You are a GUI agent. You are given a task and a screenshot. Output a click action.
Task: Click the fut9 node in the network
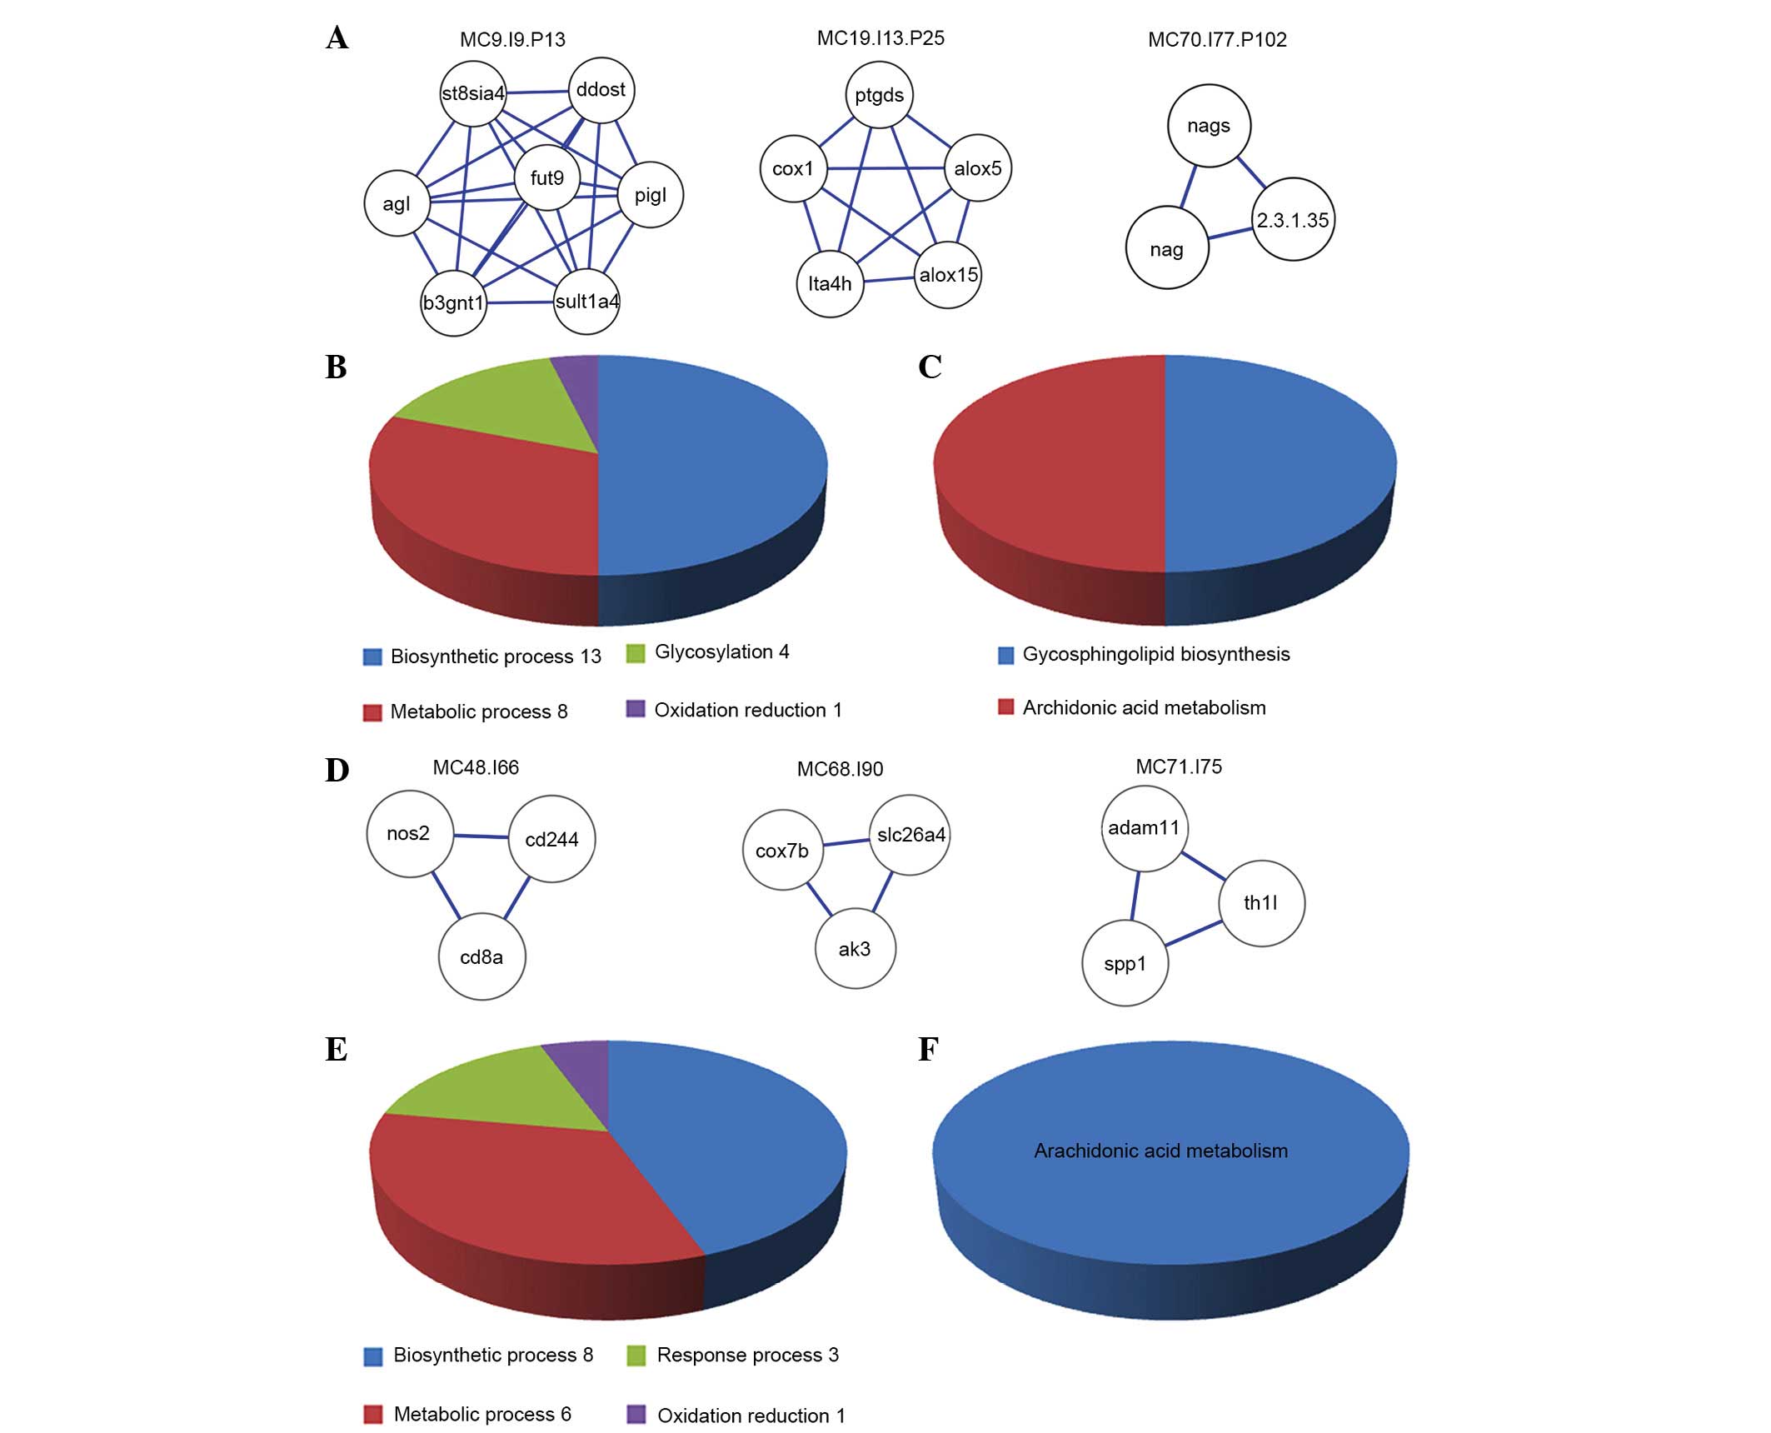point(546,177)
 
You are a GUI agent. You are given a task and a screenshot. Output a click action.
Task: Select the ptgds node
point(879,95)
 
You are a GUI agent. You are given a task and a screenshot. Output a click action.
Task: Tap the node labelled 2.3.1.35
point(1293,220)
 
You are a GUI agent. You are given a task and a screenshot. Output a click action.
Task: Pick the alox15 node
point(948,275)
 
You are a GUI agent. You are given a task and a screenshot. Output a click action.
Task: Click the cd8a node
point(481,957)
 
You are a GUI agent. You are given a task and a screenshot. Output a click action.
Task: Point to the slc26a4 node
point(910,835)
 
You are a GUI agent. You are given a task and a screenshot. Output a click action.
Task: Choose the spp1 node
point(1125,964)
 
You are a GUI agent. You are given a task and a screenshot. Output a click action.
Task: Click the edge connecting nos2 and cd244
point(481,836)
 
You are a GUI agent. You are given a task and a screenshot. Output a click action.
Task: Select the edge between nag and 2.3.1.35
point(1230,233)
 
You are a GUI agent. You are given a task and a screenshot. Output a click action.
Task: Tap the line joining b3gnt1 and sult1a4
point(521,302)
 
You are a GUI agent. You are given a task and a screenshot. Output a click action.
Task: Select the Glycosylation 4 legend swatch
point(636,653)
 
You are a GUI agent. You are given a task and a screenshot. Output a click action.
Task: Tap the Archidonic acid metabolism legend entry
point(1144,707)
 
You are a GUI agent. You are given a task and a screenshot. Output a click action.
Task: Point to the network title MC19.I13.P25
point(881,38)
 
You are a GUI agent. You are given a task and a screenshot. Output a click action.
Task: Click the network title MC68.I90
point(840,769)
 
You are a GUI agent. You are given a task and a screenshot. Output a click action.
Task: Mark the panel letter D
point(337,771)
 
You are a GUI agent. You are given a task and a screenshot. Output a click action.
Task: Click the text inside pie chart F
point(1160,1151)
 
